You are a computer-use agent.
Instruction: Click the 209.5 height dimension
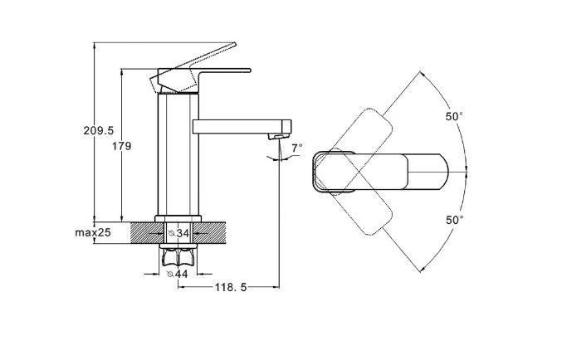click(99, 131)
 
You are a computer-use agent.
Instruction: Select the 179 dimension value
click(122, 146)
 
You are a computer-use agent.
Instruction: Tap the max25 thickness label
click(93, 233)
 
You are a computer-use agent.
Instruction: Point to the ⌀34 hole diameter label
click(178, 233)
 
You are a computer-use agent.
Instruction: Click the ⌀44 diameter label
click(178, 274)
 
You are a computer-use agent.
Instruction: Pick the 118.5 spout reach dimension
click(231, 287)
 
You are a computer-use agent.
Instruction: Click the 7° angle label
click(296, 148)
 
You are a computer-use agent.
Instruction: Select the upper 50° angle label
click(454, 116)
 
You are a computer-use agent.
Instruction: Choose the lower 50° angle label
click(455, 220)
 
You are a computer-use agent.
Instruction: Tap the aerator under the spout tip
click(279, 136)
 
